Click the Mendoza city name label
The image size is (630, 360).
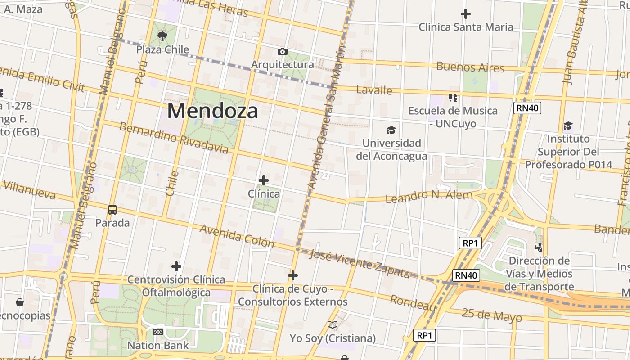click(x=212, y=111)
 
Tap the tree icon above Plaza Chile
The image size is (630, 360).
click(x=162, y=36)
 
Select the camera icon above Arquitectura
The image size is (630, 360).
click(x=282, y=52)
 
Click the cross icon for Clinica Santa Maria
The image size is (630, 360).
click(x=465, y=14)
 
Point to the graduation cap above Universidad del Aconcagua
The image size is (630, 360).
click(x=391, y=130)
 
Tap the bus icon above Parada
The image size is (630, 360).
click(x=112, y=210)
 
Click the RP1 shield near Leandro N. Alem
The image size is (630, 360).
click(x=470, y=243)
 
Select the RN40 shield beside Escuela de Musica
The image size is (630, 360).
click(x=527, y=108)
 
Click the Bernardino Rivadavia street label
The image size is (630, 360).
click(x=174, y=137)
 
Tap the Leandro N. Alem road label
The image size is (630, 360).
click(x=429, y=196)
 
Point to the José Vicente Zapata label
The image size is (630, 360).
click(x=360, y=263)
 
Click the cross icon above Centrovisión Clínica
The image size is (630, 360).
click(x=176, y=266)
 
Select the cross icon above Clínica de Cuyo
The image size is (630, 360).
click(x=293, y=275)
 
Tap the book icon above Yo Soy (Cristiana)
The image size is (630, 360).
click(x=333, y=325)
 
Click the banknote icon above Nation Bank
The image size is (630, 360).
click(x=157, y=332)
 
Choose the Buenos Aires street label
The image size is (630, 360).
click(x=470, y=67)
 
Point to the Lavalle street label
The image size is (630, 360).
click(x=374, y=90)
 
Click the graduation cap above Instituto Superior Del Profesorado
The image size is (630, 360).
click(x=568, y=126)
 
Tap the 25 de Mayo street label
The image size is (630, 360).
click(x=492, y=315)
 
